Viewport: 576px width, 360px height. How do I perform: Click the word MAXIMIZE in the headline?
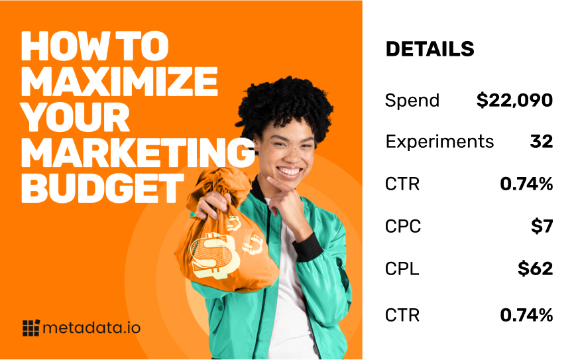(119, 82)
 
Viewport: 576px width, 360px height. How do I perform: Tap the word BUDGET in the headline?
(103, 188)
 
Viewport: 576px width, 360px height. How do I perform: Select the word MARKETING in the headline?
(138, 152)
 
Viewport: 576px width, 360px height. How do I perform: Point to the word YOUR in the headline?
(76, 117)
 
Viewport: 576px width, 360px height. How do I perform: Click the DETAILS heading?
(430, 49)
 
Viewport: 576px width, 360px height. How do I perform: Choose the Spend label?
(412, 100)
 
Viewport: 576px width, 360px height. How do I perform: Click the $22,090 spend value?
(514, 100)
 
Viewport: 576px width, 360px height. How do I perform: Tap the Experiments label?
(439, 142)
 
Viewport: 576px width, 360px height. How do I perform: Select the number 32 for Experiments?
(542, 141)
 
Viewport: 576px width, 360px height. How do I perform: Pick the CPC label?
(403, 226)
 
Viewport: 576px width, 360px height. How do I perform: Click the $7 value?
(542, 226)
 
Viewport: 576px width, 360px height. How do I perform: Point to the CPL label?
(402, 269)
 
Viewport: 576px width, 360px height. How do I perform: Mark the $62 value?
(535, 269)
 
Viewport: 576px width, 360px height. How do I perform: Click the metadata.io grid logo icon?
(31, 328)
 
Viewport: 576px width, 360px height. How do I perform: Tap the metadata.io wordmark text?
(91, 328)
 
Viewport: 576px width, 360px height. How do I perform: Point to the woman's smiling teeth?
(290, 172)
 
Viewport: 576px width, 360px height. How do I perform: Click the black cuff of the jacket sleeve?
(308, 247)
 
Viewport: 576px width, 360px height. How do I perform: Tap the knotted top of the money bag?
(217, 184)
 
